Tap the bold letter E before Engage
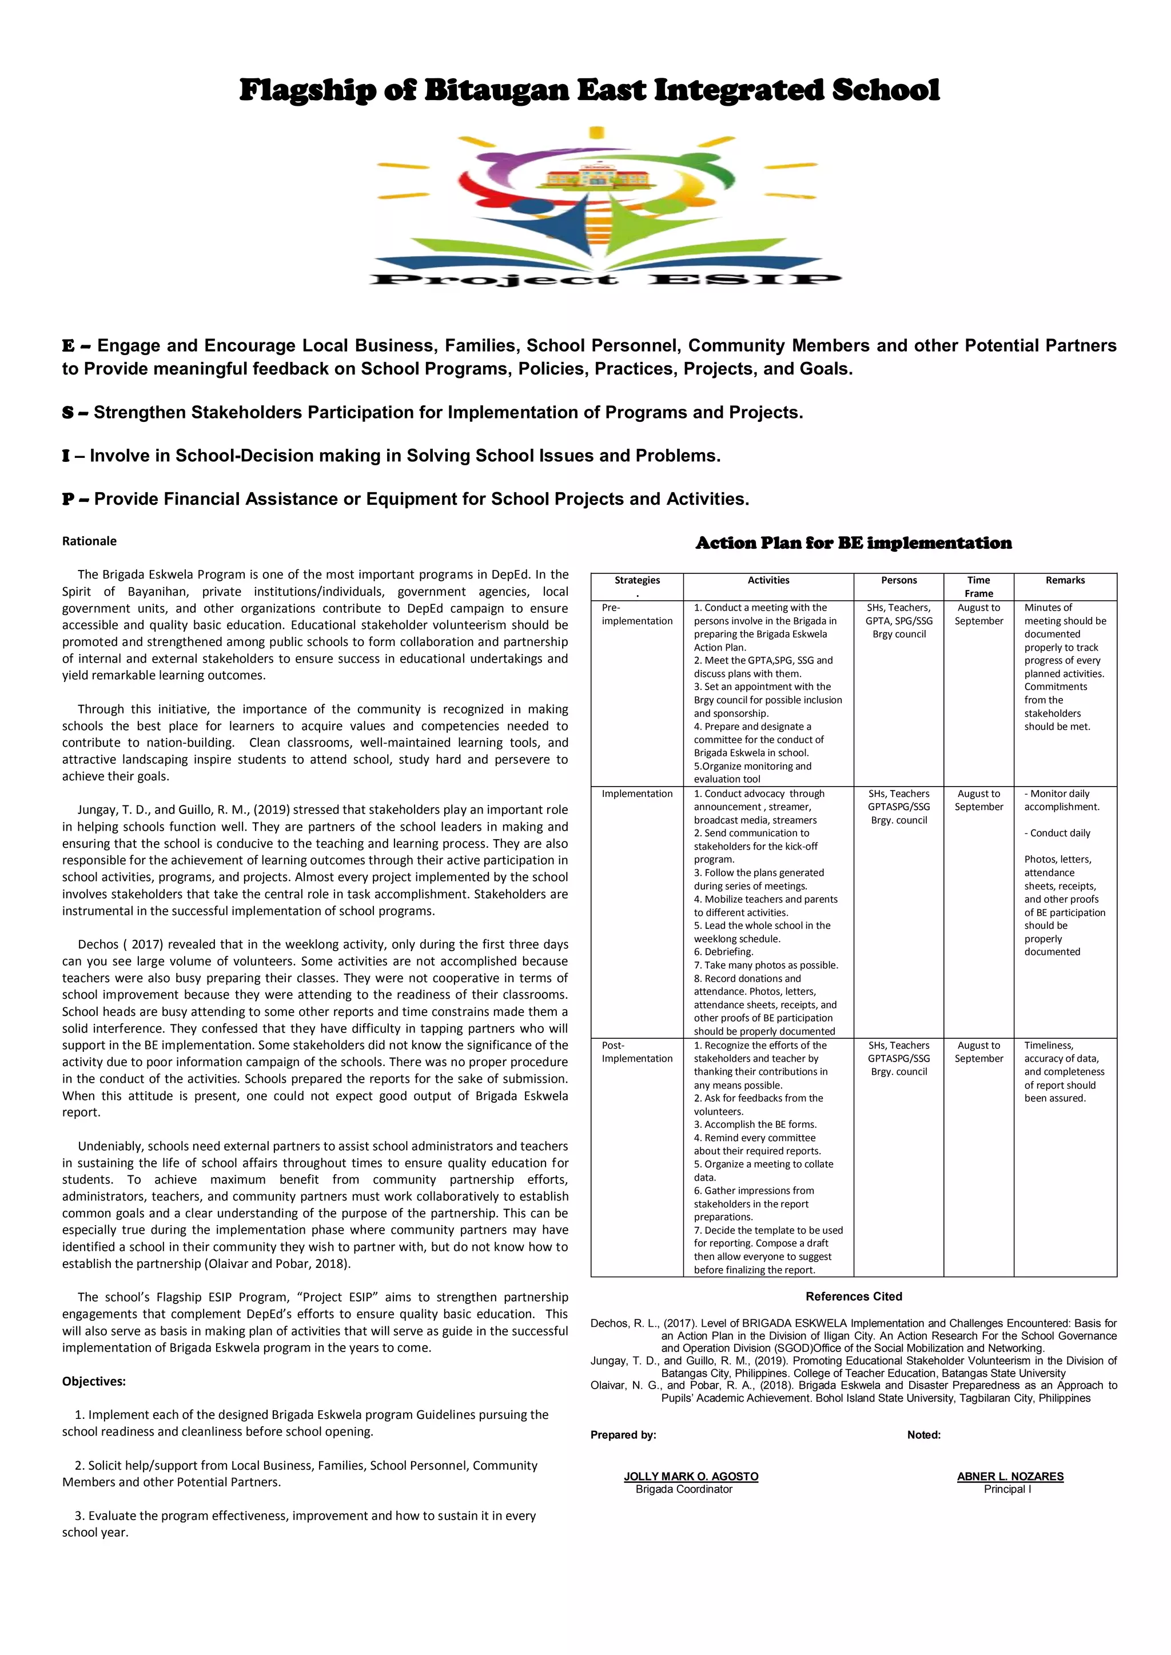[69, 346]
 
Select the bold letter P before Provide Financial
[69, 500]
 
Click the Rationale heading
[89, 541]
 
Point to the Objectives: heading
[94, 1381]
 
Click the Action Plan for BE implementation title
[853, 544]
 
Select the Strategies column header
[637, 580]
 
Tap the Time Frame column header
[978, 587]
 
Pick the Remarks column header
[1065, 580]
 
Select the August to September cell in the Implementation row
[978, 800]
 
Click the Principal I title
[1007, 1490]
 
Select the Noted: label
[923, 1435]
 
